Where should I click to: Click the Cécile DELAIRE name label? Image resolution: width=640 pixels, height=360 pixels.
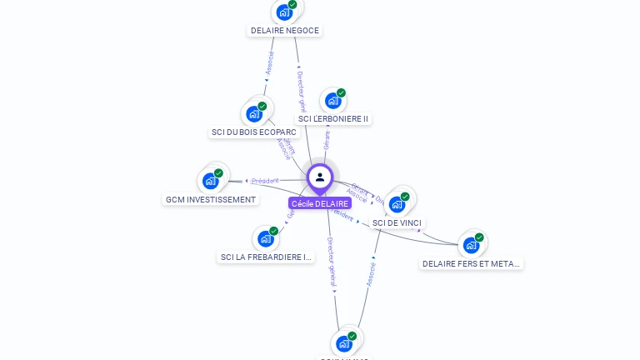click(x=320, y=203)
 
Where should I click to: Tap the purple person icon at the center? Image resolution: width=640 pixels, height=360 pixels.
click(x=320, y=177)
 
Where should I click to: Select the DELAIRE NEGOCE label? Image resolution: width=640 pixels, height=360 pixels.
click(x=285, y=31)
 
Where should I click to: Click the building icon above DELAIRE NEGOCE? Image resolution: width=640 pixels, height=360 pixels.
click(x=285, y=12)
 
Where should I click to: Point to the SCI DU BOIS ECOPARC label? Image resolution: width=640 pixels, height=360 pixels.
click(x=254, y=132)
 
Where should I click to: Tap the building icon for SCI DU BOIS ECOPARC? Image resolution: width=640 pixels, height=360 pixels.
click(x=254, y=114)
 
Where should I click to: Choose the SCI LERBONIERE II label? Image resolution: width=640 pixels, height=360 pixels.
click(x=333, y=119)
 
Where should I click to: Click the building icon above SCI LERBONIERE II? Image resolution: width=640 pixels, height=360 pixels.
click(x=333, y=101)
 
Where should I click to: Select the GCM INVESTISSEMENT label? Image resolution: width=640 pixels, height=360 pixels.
click(x=211, y=200)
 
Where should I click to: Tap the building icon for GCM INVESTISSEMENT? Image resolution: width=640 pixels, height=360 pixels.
click(x=211, y=181)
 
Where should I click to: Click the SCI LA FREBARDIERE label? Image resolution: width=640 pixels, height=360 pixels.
click(x=266, y=257)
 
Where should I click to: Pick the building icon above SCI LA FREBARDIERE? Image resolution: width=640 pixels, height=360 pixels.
click(x=266, y=239)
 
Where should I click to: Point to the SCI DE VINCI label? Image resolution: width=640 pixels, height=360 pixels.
click(x=397, y=223)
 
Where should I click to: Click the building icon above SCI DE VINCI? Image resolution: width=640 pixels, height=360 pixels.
click(x=397, y=204)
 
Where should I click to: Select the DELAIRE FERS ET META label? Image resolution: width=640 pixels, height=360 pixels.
click(x=471, y=264)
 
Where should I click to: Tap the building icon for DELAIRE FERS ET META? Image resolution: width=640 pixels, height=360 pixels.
click(x=472, y=245)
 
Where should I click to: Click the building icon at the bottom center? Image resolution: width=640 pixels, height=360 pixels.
click(x=344, y=343)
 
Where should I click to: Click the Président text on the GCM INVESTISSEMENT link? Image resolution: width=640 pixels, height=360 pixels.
click(x=265, y=181)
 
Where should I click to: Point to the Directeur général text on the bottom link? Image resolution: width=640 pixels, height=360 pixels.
click(x=331, y=262)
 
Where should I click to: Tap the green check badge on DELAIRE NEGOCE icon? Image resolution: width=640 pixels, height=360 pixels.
click(x=292, y=5)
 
